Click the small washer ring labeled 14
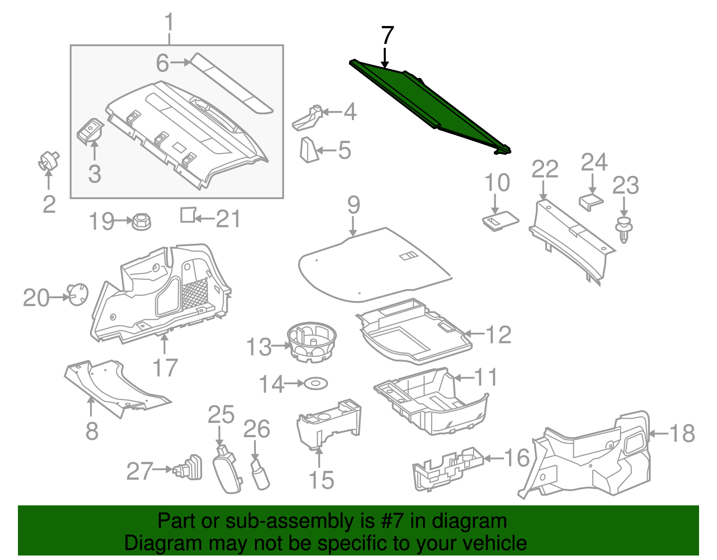click(316, 384)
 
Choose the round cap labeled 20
click(78, 295)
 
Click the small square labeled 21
click(188, 215)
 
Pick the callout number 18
click(682, 434)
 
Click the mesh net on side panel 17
click(194, 294)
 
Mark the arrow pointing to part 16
click(493, 458)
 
